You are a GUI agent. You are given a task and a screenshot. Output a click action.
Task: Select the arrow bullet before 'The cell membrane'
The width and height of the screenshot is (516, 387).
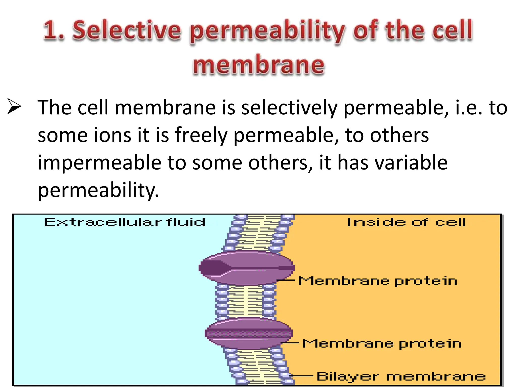(x=14, y=107)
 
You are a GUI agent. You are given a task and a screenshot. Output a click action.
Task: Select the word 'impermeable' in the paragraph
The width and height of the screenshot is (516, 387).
(x=100, y=163)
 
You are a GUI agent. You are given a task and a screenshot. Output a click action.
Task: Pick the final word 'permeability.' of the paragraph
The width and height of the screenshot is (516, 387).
(x=98, y=190)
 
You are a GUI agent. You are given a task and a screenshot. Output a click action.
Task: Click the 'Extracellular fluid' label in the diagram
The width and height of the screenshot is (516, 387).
(x=125, y=222)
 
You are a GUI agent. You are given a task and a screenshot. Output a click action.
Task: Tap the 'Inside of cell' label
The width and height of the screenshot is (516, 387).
(x=406, y=222)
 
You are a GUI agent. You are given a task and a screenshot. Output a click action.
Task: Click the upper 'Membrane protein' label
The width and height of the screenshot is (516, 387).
(x=378, y=281)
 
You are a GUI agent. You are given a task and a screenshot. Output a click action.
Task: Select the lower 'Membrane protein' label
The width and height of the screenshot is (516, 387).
(x=382, y=344)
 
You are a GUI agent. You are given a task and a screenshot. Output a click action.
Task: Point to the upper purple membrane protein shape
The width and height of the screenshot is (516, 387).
(x=246, y=268)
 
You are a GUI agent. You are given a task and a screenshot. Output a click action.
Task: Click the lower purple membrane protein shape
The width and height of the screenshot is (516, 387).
(x=249, y=333)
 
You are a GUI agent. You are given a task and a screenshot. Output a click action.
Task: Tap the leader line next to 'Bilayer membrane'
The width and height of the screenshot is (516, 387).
(x=302, y=376)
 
